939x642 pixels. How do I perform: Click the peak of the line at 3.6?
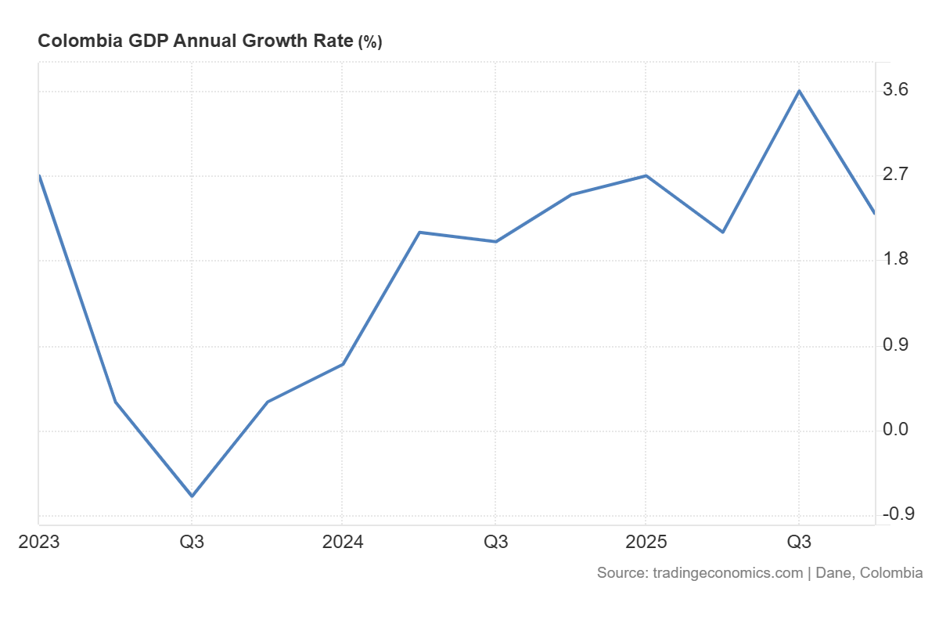click(x=798, y=91)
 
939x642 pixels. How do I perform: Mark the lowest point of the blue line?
click(x=192, y=496)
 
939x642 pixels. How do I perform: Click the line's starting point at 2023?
click(x=39, y=176)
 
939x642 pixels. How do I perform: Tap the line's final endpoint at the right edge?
click(x=873, y=213)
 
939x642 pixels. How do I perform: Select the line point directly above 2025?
click(x=646, y=176)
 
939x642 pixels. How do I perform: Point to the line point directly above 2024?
click(x=343, y=364)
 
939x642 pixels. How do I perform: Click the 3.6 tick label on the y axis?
click(x=895, y=91)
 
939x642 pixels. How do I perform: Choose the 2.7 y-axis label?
click(x=895, y=175)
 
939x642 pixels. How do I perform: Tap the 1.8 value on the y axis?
click(x=895, y=260)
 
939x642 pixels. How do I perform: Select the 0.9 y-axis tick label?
click(x=895, y=345)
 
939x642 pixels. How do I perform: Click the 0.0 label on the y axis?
click(x=895, y=430)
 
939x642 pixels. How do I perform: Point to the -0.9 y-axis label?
click(x=898, y=514)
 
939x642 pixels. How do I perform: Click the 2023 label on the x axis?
click(x=39, y=542)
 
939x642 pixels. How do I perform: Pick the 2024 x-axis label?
click(x=342, y=542)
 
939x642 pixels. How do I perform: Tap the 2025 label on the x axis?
click(x=646, y=542)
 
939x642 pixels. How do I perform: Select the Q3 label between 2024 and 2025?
click(x=495, y=542)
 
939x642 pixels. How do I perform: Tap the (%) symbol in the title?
click(x=369, y=42)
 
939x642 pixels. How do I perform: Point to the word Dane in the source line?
click(x=833, y=573)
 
